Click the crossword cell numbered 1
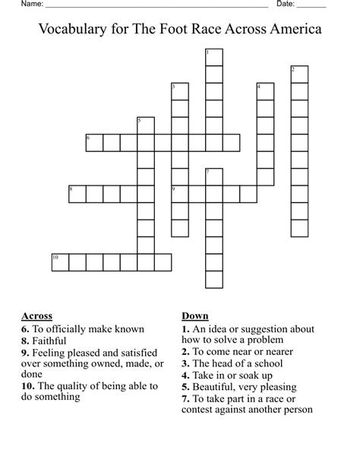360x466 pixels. click(213, 58)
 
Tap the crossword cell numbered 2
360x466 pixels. click(299, 74)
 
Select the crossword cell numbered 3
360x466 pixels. click(179, 92)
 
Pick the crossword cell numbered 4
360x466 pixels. click(265, 92)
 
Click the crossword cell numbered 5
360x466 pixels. click(145, 126)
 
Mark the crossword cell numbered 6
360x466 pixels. click(94, 143)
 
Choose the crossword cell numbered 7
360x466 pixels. click(213, 177)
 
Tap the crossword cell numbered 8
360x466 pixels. click(77, 194)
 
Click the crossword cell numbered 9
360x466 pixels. click(179, 194)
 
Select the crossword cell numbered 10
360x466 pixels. click(60, 263)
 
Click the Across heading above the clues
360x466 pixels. click(36, 316)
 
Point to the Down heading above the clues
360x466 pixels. click(195, 316)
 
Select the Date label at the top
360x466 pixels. click(286, 5)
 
